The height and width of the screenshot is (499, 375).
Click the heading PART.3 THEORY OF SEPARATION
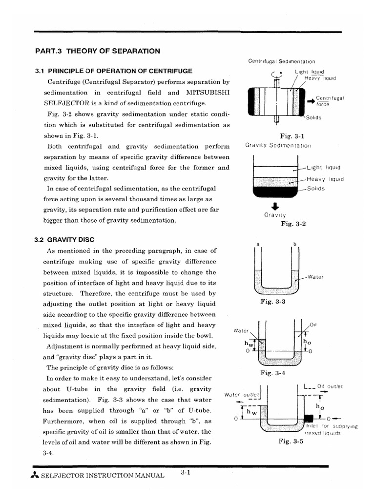(x=98, y=51)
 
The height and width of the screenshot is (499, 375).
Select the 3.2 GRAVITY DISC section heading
(x=64, y=239)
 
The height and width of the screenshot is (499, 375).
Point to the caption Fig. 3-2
(x=293, y=224)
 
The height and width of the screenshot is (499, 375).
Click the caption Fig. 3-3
(x=273, y=302)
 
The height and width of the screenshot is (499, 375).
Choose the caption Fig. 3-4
(x=273, y=373)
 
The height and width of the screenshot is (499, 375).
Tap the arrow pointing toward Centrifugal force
(x=311, y=101)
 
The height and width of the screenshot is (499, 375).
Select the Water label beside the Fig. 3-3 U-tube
(x=316, y=277)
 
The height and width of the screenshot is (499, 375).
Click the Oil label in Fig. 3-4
(x=313, y=324)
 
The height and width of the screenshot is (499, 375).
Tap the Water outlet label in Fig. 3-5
(x=243, y=394)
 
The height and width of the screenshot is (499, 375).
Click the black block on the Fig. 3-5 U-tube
(x=308, y=418)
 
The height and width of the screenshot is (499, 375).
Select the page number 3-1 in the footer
(x=185, y=472)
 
